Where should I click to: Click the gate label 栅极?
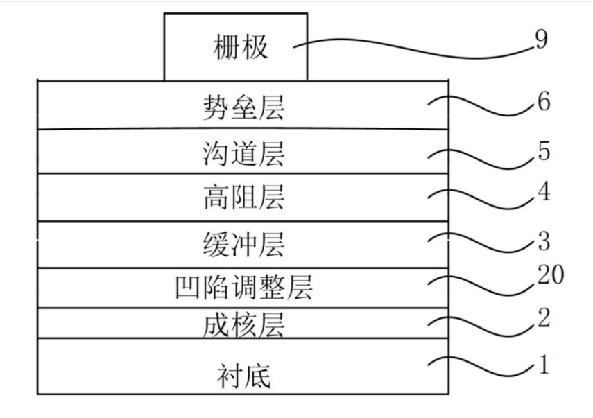click(241, 47)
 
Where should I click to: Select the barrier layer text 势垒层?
click(244, 107)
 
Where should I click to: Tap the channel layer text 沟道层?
click(244, 153)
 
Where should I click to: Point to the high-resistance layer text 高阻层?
click(244, 198)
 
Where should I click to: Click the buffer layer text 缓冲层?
click(244, 244)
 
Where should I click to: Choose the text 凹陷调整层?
click(244, 287)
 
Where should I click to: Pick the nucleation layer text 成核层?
click(244, 325)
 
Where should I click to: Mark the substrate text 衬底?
click(244, 376)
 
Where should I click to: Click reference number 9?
click(541, 40)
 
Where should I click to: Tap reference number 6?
click(544, 101)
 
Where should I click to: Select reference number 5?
click(544, 151)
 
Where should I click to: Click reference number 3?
click(544, 241)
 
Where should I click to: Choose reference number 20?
click(551, 275)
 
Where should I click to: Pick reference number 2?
click(544, 317)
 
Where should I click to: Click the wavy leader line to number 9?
click(412, 49)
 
